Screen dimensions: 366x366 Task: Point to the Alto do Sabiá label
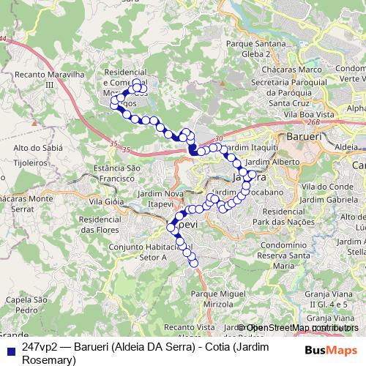pyautogui.click(x=31, y=148)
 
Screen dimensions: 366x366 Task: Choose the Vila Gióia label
pyautogui.click(x=104, y=201)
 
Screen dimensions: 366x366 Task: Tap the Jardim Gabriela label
pyautogui.click(x=326, y=199)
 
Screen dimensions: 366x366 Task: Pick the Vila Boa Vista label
pyautogui.click(x=304, y=114)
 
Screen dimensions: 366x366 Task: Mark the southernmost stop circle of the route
pyautogui.click(x=195, y=264)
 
